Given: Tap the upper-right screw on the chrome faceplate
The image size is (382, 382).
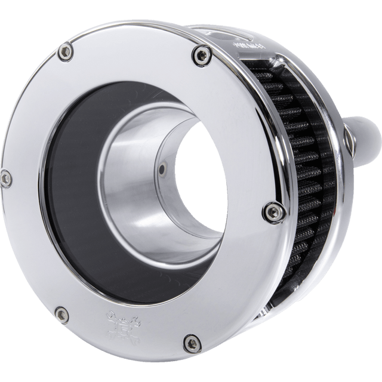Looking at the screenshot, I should coord(197,55).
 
